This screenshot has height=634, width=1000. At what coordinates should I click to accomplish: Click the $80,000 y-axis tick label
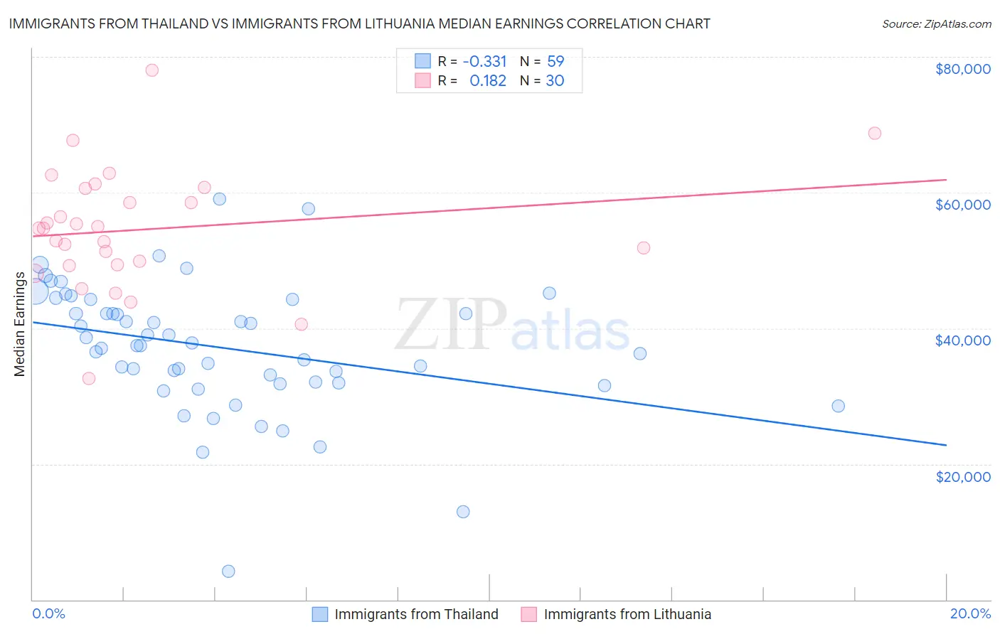click(962, 69)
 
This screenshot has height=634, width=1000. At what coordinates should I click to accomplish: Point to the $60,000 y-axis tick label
click(962, 205)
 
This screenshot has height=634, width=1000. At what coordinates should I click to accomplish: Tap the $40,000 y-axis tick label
click(962, 340)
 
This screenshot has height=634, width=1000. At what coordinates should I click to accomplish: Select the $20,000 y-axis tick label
click(962, 476)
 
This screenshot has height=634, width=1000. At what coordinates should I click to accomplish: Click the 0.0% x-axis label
click(48, 613)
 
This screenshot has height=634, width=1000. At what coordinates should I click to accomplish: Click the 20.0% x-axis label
click(970, 613)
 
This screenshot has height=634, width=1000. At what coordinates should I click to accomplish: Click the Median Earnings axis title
click(20, 323)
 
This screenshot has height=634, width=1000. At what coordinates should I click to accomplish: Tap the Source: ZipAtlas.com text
click(936, 23)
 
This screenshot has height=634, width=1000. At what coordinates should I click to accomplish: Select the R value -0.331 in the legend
click(484, 61)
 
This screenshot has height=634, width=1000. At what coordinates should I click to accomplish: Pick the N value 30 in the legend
click(555, 80)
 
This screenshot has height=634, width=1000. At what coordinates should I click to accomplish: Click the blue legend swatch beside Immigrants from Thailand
click(320, 614)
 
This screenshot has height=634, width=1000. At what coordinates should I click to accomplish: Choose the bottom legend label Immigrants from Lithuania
click(627, 614)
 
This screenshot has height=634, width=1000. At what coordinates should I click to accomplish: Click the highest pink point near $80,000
click(151, 70)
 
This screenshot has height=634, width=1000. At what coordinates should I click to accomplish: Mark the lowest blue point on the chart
click(228, 571)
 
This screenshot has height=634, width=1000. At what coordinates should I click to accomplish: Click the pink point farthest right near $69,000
click(875, 133)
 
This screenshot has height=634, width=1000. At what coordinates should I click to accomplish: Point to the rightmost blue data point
click(838, 406)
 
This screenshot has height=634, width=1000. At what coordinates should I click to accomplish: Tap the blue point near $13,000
click(463, 511)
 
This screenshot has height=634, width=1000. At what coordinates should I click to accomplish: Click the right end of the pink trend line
click(946, 180)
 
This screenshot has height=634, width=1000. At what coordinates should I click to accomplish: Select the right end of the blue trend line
click(946, 445)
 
